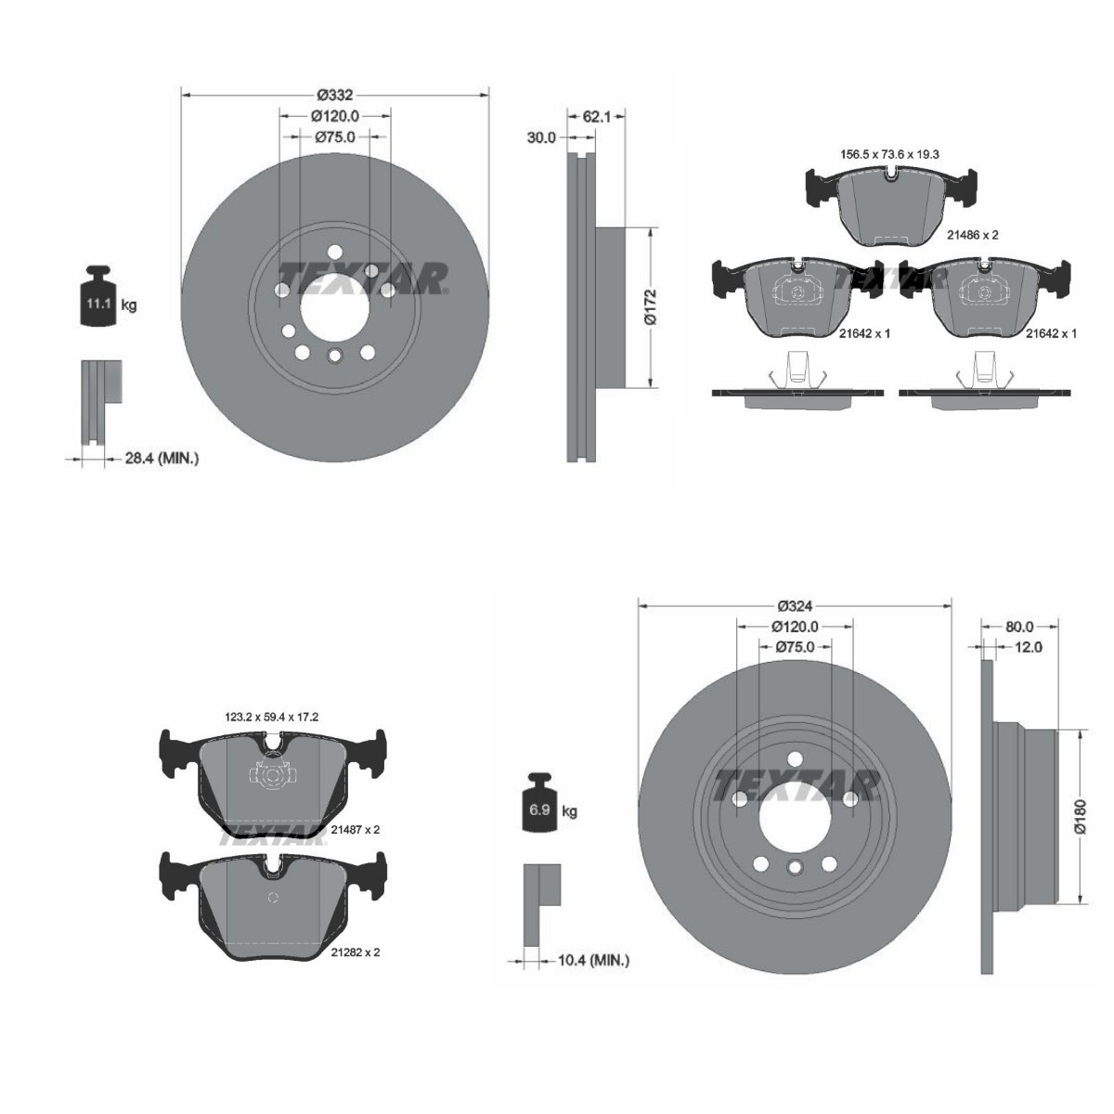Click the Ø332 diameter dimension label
point(334,94)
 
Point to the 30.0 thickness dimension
point(540,137)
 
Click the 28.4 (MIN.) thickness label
point(162,458)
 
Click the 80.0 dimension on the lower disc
point(1018,626)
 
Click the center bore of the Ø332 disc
point(333,308)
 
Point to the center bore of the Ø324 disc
point(794,816)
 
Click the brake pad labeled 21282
point(271,905)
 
